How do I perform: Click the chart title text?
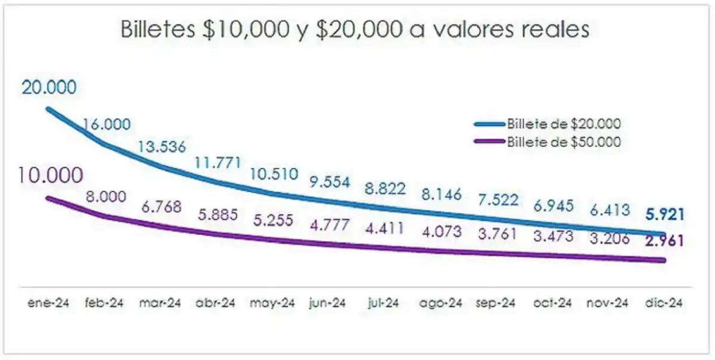(355, 29)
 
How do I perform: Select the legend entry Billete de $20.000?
(564, 124)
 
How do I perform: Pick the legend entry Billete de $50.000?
(564, 142)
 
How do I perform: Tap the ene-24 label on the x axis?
(49, 303)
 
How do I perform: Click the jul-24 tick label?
(384, 303)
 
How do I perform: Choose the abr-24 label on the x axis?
(216, 303)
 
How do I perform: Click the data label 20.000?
(49, 88)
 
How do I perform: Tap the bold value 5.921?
(663, 214)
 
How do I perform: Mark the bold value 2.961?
(663, 241)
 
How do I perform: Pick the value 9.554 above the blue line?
(329, 182)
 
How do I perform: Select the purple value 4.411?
(384, 227)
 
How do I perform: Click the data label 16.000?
(107, 124)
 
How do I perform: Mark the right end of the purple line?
(664, 260)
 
